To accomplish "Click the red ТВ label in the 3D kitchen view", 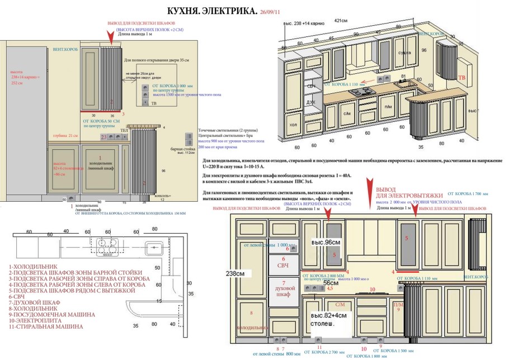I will pyautogui.click(x=461, y=77).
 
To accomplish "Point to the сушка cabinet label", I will pyautogui.click(x=404, y=53).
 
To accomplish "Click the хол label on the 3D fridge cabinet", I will pyautogui.click(x=293, y=125).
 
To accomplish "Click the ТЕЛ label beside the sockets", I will pyautogui.click(x=125, y=130).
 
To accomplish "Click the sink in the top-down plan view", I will pyautogui.click(x=152, y=247).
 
